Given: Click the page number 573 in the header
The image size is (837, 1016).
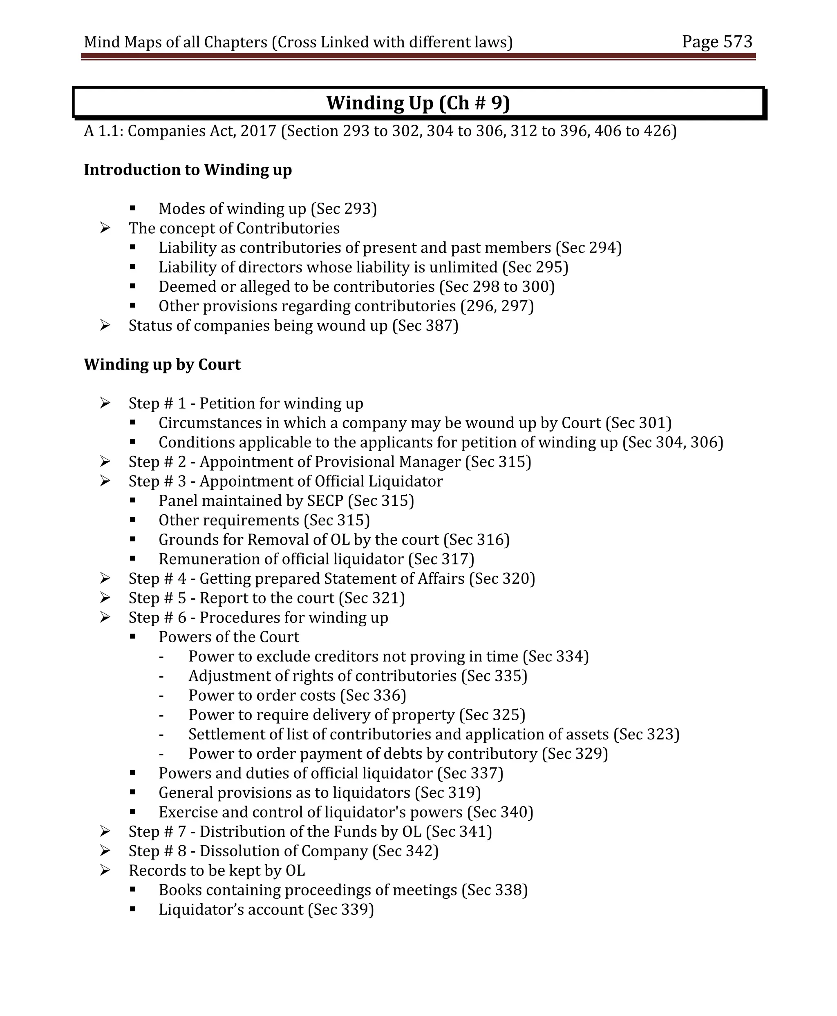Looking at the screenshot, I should [737, 42].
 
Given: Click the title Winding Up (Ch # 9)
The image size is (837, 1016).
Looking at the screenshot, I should [418, 103].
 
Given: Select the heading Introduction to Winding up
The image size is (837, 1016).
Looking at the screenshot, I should [188, 170].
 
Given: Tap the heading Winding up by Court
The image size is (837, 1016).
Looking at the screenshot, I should [162, 364].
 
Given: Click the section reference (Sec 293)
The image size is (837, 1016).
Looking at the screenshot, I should [344, 209].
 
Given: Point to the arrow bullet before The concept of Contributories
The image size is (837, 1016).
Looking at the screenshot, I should [105, 228].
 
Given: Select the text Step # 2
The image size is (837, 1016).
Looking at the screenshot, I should [157, 462].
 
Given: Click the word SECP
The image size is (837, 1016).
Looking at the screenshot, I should [325, 501].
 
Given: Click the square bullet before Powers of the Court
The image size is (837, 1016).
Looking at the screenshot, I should [132, 637].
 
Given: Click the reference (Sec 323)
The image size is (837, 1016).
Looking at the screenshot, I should [646, 734].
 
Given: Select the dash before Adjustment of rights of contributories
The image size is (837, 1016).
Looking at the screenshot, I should [161, 676].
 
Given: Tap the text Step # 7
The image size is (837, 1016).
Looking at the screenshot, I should [157, 831].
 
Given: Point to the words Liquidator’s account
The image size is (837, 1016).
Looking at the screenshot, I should [231, 909].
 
